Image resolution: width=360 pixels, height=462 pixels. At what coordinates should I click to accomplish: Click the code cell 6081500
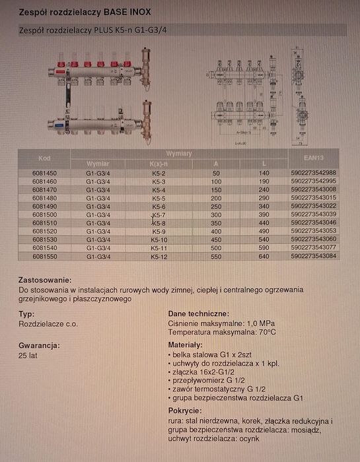click(44, 214)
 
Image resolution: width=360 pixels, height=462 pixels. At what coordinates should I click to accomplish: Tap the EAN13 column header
click(313, 158)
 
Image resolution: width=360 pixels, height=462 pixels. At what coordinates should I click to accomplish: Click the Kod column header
click(44, 158)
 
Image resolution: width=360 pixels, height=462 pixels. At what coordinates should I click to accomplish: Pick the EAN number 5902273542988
click(313, 172)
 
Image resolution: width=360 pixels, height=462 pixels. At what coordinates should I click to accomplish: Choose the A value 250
click(215, 205)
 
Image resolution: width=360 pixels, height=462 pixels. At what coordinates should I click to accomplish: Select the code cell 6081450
click(44, 173)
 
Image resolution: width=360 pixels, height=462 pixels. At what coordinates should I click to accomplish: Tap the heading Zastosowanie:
click(45, 280)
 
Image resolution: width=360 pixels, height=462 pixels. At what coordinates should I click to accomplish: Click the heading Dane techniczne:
click(198, 313)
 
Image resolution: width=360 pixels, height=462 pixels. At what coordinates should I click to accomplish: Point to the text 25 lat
click(28, 355)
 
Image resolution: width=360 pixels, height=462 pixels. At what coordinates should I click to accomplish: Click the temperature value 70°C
click(264, 333)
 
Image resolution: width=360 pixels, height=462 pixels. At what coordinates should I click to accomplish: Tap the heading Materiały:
click(186, 345)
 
